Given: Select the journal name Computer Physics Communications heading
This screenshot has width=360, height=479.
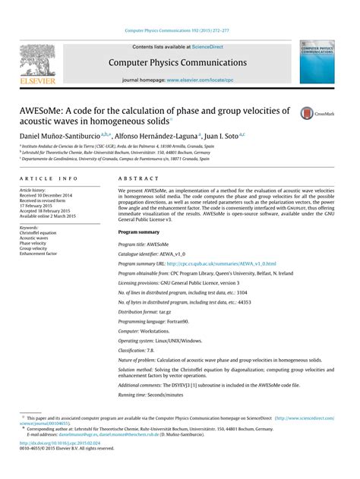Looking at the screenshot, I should [179, 61].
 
